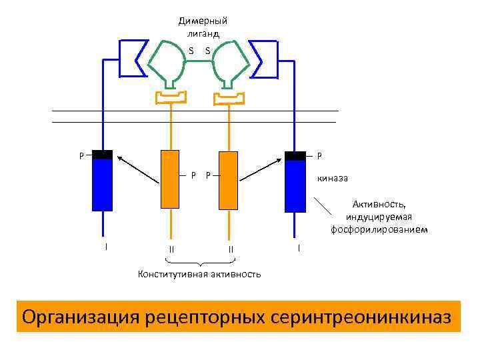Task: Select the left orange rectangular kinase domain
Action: pyautogui.click(x=169, y=179)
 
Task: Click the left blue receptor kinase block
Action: pyautogui.click(x=102, y=184)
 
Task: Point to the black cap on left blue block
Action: pyautogui.click(x=102, y=155)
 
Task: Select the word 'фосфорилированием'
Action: pyautogui.click(x=379, y=230)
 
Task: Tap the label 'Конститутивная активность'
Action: pyautogui.click(x=199, y=275)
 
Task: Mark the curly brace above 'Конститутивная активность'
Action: pyautogui.click(x=200, y=263)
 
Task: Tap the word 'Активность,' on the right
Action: pyautogui.click(x=379, y=205)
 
